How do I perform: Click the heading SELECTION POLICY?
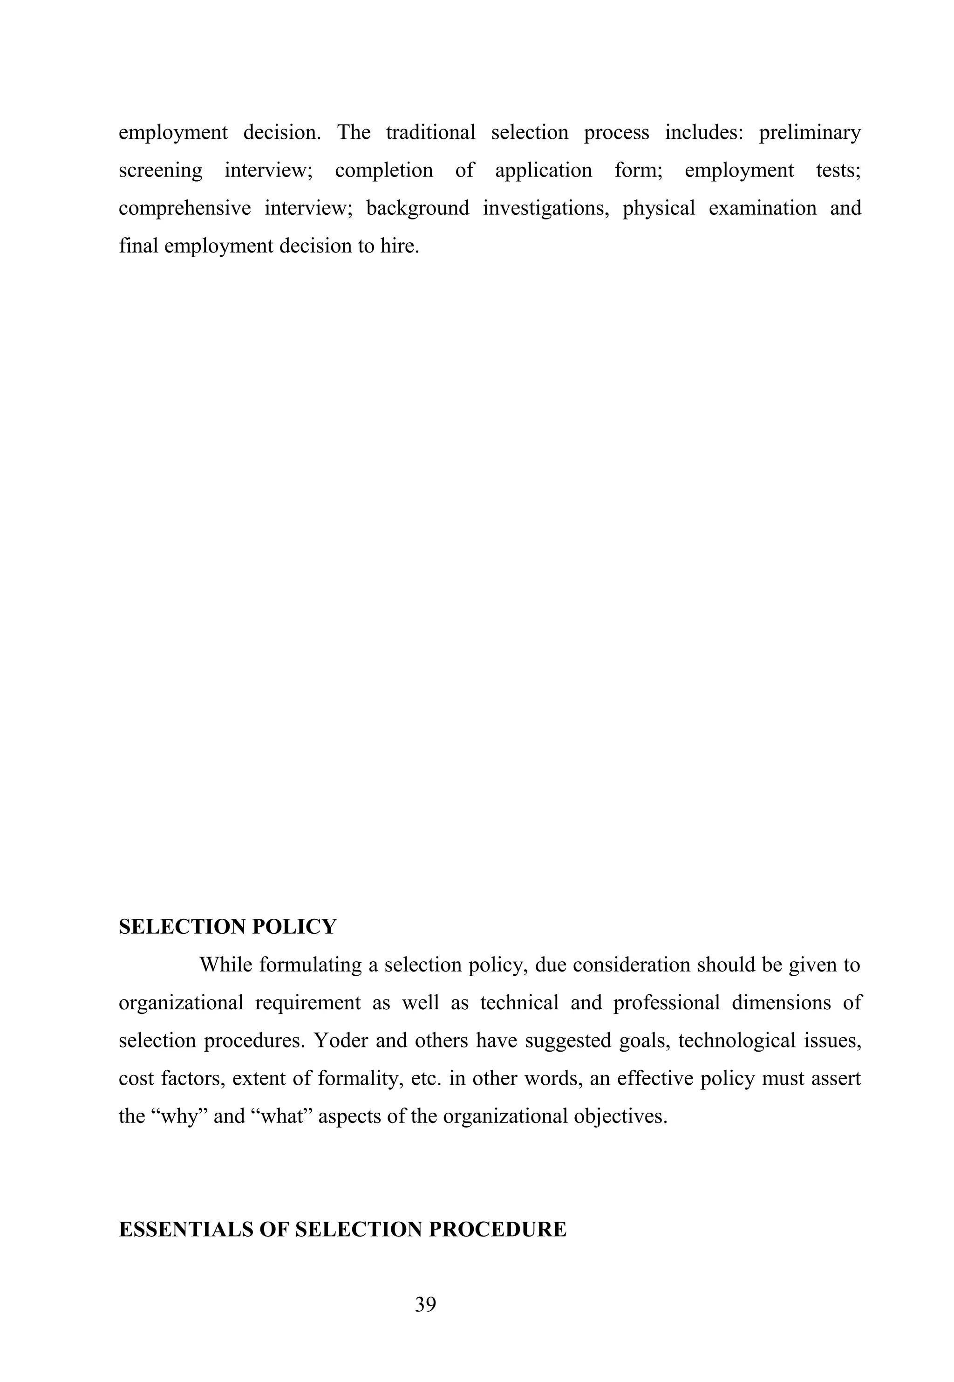coord(228,926)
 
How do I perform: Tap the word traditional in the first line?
coord(430,132)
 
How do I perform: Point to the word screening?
coord(160,171)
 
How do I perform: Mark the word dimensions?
coord(781,1002)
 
